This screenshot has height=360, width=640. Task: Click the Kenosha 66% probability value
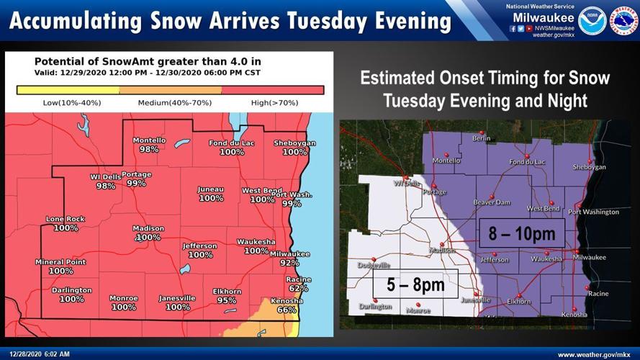click(x=287, y=310)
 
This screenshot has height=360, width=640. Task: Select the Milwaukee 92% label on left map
click(x=289, y=264)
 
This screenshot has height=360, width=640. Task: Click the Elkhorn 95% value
click(x=226, y=300)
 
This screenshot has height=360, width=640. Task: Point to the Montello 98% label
click(x=149, y=149)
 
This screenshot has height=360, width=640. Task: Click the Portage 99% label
click(x=136, y=183)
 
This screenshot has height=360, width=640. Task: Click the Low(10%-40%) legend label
click(x=72, y=103)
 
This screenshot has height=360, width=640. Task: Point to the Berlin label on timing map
click(x=481, y=138)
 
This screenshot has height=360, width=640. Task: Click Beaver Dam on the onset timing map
click(x=492, y=202)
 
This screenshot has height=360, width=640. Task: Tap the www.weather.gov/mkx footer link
click(x=595, y=354)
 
